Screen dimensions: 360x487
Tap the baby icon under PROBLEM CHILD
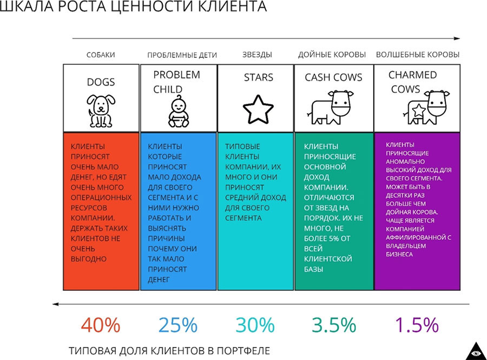[177, 112]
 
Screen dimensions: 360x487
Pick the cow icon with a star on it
[428, 107]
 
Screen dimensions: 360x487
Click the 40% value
[101, 325]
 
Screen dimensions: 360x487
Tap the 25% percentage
[177, 325]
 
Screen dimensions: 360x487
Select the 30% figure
[255, 325]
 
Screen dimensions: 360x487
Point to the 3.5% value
[334, 325]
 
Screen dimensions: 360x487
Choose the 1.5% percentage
[416, 325]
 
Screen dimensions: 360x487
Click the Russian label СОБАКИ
[101, 55]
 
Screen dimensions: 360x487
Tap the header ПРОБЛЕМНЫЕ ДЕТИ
[182, 55]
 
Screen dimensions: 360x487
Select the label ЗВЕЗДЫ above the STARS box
[257, 55]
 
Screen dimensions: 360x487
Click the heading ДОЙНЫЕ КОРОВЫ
[332, 55]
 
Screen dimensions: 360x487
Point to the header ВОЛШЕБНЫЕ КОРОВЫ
[417, 55]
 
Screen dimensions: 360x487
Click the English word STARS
[258, 77]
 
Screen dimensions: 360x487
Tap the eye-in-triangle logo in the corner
[476, 350]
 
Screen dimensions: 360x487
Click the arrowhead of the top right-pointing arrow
[457, 38]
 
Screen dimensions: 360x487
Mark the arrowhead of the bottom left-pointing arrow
[55, 304]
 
